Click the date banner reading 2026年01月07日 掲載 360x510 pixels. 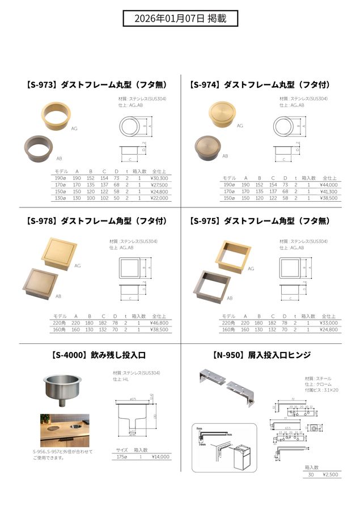(x=180, y=18)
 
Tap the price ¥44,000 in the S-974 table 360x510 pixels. (x=328, y=184)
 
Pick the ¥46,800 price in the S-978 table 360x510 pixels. (x=160, y=322)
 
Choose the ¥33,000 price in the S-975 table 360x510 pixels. (x=328, y=322)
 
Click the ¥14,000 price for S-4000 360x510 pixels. (x=160, y=456)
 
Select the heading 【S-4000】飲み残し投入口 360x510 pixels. (x=99, y=356)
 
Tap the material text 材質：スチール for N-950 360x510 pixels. (x=318, y=378)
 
